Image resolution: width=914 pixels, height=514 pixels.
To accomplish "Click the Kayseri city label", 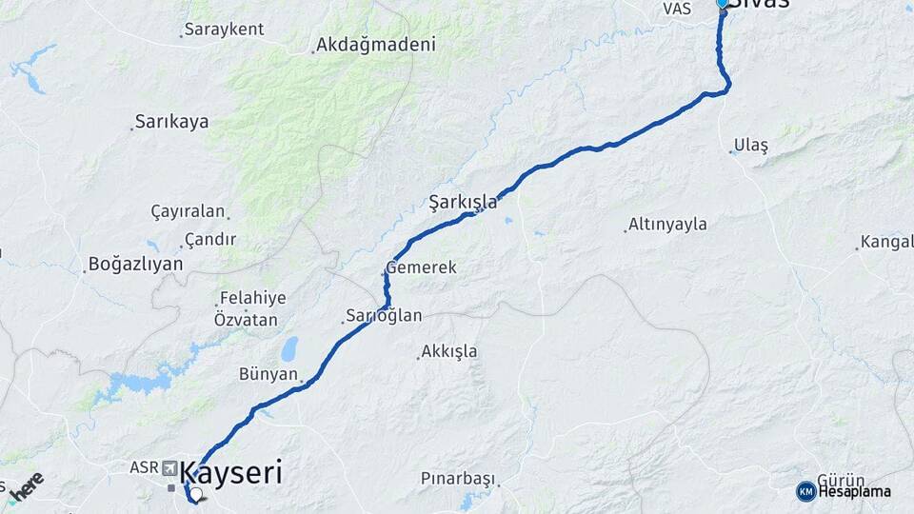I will (230, 473).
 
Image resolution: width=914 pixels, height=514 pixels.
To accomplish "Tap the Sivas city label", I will (761, 4).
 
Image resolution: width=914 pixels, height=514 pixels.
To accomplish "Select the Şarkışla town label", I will (463, 202).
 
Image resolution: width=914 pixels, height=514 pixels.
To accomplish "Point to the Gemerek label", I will (421, 268).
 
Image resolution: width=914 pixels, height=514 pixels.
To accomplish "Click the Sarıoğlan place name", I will (382, 316).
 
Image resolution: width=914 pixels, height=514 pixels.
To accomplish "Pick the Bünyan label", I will (268, 374).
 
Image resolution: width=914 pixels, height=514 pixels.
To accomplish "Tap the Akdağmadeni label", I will (375, 45).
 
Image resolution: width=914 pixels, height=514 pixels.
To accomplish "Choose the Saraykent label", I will (224, 30).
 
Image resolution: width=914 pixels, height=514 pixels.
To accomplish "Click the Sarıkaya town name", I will (171, 122).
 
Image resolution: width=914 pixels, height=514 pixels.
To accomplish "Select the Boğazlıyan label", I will (135, 264).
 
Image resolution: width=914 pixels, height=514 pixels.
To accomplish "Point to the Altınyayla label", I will (666, 225).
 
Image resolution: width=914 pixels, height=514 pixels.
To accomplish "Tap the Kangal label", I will (886, 242).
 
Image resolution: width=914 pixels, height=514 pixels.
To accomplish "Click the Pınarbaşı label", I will (459, 478).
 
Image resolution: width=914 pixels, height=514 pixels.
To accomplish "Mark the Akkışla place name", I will (448, 351).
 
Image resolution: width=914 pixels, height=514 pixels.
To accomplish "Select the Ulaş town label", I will (750, 146).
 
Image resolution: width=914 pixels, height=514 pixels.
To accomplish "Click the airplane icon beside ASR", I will (169, 468).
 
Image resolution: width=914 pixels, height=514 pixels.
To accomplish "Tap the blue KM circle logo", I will (806, 491).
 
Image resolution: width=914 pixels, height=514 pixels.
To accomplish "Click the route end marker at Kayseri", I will (195, 495).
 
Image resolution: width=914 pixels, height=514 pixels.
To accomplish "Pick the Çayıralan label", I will (188, 211).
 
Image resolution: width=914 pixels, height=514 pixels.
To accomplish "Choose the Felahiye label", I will (251, 298).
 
